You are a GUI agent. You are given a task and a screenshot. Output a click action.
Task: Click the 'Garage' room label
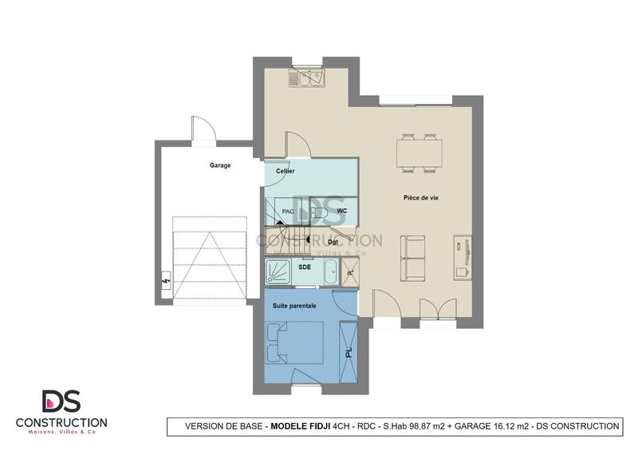coord(220,165)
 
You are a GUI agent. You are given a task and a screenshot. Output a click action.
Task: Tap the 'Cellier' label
coord(286,172)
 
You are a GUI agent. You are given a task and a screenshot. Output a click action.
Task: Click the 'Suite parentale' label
coord(294,306)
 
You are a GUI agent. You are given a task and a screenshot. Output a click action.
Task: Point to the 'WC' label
coord(341,211)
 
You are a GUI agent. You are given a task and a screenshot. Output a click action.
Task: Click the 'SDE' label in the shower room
coord(305,268)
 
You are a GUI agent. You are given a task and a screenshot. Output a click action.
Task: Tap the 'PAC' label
coord(288,212)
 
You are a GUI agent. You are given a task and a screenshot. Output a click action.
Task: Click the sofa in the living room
coord(413,258)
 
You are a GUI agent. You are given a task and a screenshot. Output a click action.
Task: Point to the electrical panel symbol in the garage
coord(165,281)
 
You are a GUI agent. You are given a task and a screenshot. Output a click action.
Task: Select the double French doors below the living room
coord(428,311)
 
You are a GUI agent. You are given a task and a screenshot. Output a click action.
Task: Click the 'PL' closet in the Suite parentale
coord(349,351)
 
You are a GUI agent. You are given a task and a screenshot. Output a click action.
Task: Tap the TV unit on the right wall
coord(461,255)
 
